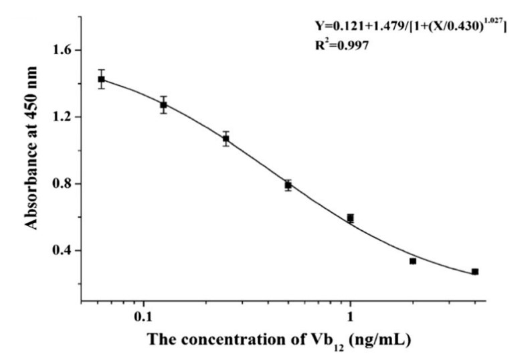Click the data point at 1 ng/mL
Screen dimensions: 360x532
[x=350, y=218]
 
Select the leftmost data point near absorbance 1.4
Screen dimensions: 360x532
[x=102, y=79]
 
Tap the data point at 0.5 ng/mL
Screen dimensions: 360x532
[x=288, y=185]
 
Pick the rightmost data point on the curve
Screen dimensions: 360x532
[x=474, y=272]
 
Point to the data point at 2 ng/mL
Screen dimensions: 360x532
[x=413, y=261]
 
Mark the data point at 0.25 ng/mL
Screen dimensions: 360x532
[x=226, y=139]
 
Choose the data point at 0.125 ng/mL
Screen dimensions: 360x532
[x=163, y=104]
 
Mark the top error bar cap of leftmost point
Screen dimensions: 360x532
[x=102, y=70]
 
